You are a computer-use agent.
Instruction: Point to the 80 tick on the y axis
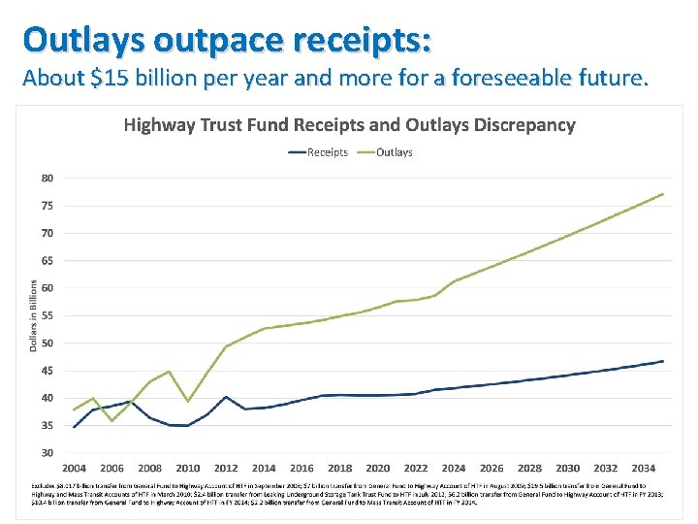point(48,179)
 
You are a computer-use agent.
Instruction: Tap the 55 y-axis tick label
point(48,316)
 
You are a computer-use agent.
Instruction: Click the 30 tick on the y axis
point(48,453)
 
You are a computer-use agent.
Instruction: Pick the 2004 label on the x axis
point(75,469)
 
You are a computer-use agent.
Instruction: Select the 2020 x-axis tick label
point(378,469)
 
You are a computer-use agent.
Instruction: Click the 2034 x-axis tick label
point(644,469)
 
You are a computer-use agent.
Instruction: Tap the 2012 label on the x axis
point(226,469)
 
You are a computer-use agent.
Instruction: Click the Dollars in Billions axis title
point(33,315)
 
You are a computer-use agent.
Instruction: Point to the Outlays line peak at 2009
point(169,372)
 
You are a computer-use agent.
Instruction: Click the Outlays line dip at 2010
point(188,402)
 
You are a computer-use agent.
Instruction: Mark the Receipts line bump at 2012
point(226,397)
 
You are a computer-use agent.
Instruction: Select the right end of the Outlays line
point(663,194)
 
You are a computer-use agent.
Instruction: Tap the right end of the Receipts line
point(663,361)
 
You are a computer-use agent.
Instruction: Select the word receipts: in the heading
point(353,41)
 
